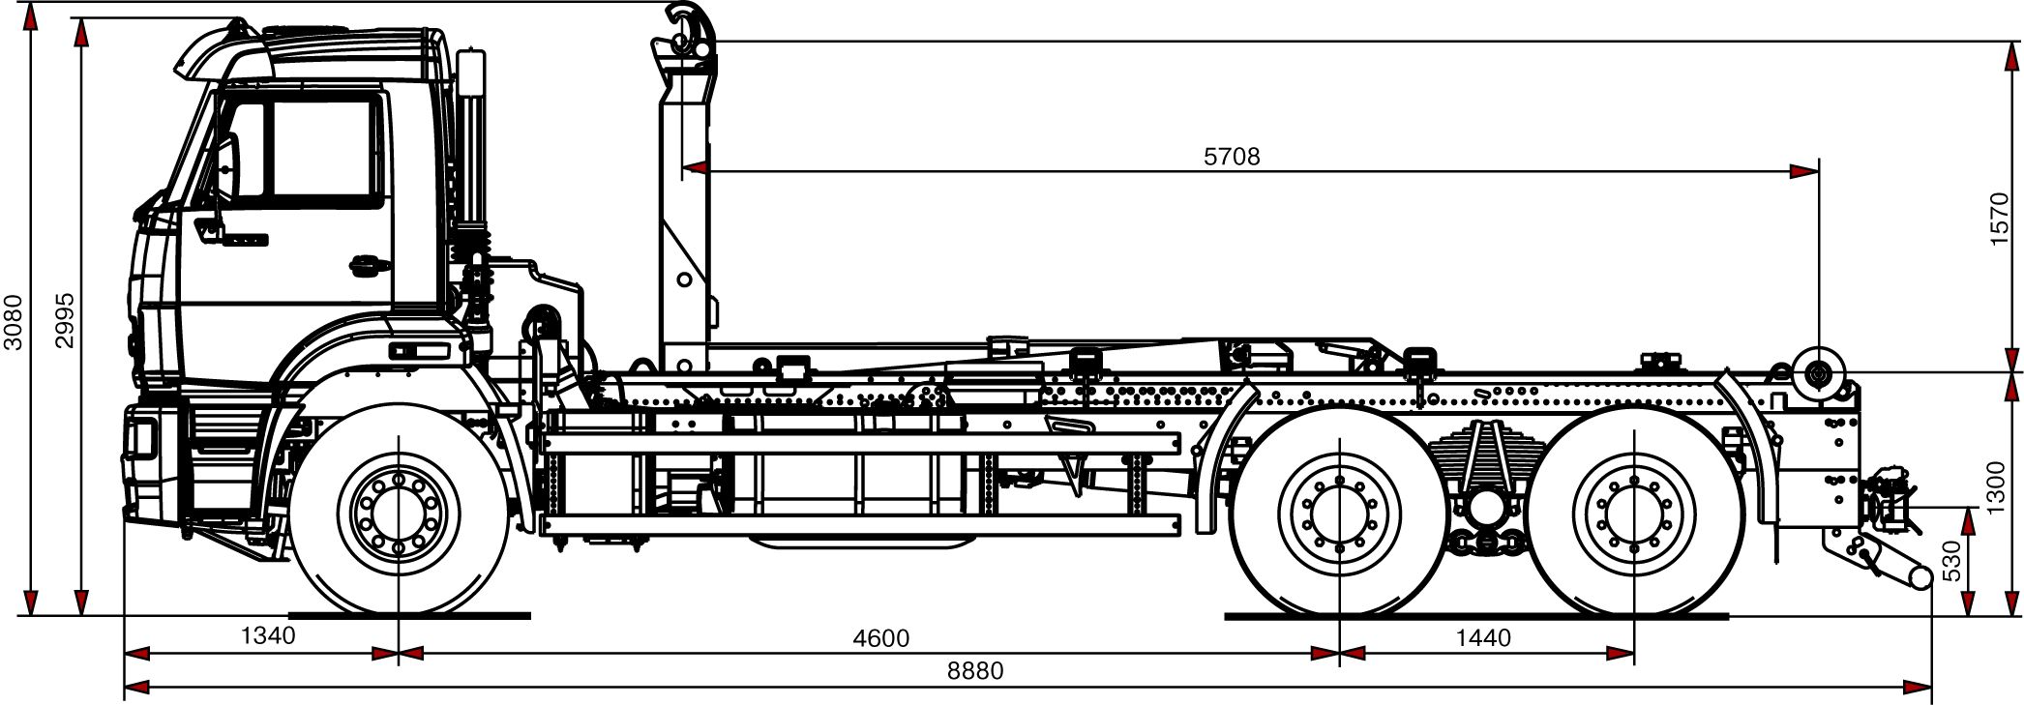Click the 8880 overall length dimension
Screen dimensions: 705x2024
pyautogui.click(x=976, y=670)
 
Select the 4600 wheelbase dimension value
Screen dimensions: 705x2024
pyautogui.click(x=880, y=638)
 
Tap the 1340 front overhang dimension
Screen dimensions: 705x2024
pyautogui.click(x=267, y=635)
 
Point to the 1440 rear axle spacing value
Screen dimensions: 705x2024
pyautogui.click(x=1483, y=638)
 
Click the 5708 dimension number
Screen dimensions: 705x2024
pyautogui.click(x=1232, y=157)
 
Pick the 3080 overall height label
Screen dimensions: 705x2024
pyautogui.click(x=14, y=321)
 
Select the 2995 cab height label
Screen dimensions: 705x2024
pyautogui.click(x=64, y=321)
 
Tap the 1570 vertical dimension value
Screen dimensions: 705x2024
pyautogui.click(x=2000, y=219)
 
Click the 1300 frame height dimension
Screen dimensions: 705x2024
pyautogui.click(x=2000, y=487)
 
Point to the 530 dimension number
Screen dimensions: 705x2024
pyautogui.click(x=1951, y=561)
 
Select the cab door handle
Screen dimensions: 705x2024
pyautogui.click(x=365, y=263)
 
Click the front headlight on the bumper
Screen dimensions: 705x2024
pyautogui.click(x=142, y=441)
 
